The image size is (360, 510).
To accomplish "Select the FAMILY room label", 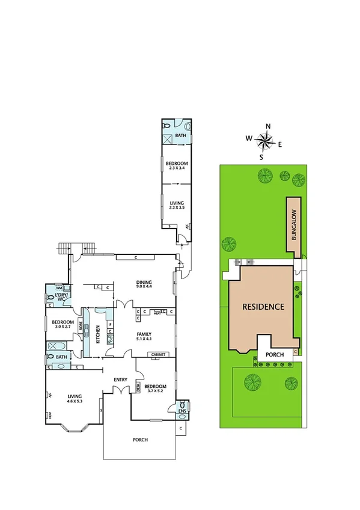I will point(143,336).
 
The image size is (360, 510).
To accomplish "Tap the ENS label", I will point(183,411).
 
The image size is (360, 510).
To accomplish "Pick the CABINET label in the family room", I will point(159,355).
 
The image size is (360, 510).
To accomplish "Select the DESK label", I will point(138,388).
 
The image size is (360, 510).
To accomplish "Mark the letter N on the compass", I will point(268,126).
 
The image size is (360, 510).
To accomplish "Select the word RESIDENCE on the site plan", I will point(263,306).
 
